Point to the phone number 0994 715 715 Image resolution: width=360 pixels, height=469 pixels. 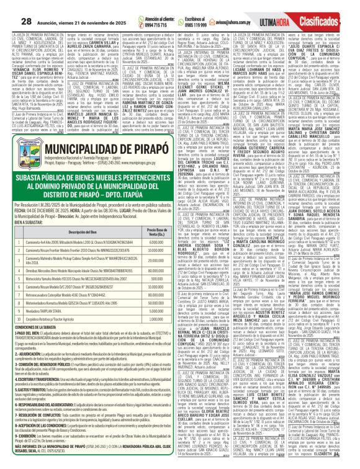click(137, 12)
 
